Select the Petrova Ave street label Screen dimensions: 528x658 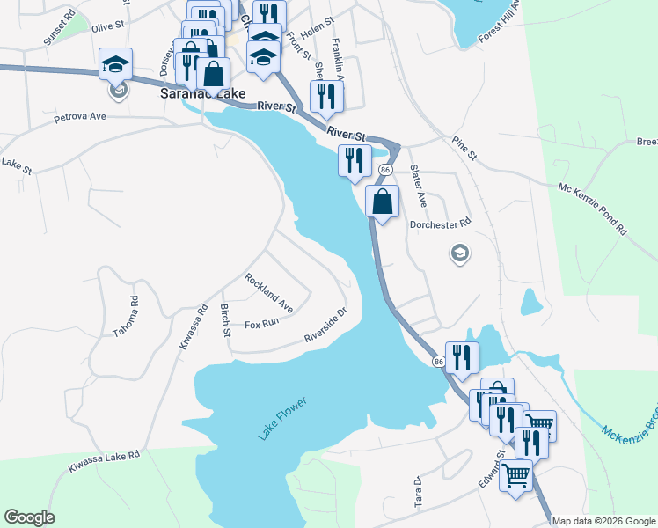coord(79,116)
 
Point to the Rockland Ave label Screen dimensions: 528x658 coord(269,293)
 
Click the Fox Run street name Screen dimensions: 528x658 coord(261,324)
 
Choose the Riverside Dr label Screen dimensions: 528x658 coord(326,325)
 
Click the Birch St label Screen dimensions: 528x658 coord(226,320)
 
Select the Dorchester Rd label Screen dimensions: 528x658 coord(441,224)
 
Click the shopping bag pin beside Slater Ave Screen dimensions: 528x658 coord(383,202)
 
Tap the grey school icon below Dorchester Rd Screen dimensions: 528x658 coord(458,254)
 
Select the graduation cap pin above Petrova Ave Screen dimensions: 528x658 coord(115,63)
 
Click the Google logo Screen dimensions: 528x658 coord(29,517)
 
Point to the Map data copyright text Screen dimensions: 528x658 coord(604,521)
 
